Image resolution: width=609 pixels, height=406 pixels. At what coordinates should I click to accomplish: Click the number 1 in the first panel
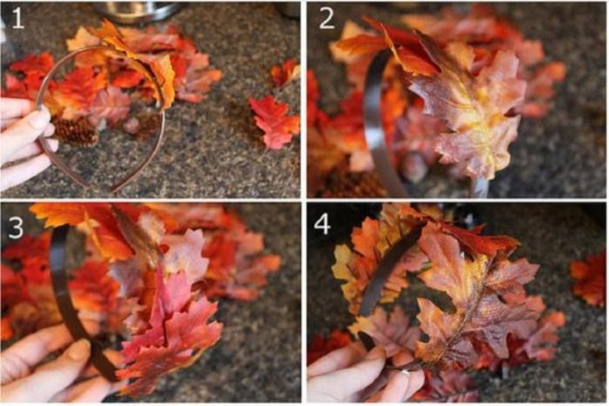(x=17, y=18)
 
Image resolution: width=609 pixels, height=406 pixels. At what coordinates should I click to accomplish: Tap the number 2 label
(x=326, y=18)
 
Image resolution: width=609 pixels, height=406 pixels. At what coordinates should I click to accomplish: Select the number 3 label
(x=16, y=228)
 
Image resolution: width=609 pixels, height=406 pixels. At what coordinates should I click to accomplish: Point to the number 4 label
(x=323, y=223)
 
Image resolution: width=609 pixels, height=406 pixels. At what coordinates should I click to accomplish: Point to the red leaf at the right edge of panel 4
(x=590, y=277)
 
